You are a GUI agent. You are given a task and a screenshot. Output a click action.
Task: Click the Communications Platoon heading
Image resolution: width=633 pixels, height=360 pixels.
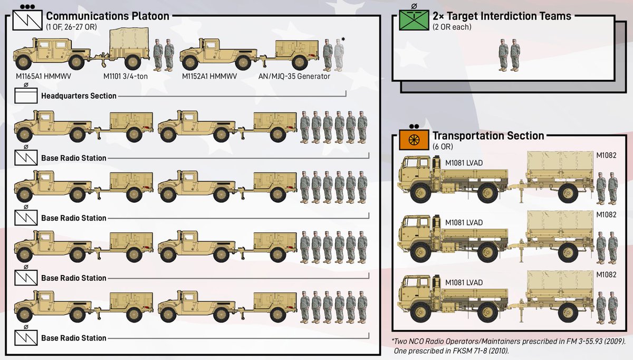point(108,16)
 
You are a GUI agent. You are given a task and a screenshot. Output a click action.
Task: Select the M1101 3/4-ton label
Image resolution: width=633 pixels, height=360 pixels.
point(123,77)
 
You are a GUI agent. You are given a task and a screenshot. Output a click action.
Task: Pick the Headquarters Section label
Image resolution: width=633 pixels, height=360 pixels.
point(79,96)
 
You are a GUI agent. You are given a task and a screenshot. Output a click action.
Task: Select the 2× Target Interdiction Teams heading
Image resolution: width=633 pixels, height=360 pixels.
point(502,16)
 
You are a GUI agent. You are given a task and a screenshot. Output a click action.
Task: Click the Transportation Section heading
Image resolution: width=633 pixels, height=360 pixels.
point(488,136)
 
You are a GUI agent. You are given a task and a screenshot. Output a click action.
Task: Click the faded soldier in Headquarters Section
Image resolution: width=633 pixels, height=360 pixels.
point(339,55)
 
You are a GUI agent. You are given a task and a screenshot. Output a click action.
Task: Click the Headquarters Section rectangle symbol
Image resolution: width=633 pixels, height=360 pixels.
point(25,95)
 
